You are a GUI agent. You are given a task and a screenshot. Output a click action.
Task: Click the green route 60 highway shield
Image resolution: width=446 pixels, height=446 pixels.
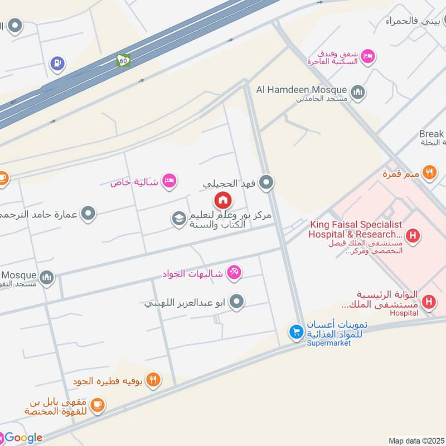pyautogui.click(x=123, y=60)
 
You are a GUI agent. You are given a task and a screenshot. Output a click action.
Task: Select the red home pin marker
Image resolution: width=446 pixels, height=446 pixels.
pyautogui.click(x=223, y=200)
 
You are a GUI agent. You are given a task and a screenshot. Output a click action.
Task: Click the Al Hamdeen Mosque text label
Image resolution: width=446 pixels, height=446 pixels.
pyautogui.click(x=302, y=89)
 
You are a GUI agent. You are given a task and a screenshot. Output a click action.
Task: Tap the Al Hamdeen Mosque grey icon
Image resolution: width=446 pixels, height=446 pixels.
pyautogui.click(x=357, y=92)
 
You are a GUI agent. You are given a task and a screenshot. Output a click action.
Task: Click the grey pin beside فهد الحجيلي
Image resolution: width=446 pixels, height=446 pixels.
pyautogui.click(x=267, y=182)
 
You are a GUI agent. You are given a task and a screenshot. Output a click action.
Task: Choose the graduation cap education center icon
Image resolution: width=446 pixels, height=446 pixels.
pyautogui.click(x=178, y=220)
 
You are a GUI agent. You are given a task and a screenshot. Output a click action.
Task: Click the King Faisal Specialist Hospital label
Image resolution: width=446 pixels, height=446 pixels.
pyautogui.click(x=356, y=229)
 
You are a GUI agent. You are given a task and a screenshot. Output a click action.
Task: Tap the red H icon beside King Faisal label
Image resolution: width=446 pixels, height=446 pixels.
pyautogui.click(x=413, y=236)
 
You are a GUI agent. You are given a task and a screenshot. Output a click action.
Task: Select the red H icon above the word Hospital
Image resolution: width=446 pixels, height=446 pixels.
pyautogui.click(x=429, y=302)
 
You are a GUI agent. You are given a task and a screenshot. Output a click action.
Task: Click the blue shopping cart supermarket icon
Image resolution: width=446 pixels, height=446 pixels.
pyautogui.click(x=296, y=332)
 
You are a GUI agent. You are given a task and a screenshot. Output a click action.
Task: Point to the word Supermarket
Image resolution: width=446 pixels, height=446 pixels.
pyautogui.click(x=329, y=343)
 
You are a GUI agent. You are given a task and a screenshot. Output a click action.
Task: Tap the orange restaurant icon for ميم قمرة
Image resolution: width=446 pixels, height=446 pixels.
pyautogui.click(x=429, y=172)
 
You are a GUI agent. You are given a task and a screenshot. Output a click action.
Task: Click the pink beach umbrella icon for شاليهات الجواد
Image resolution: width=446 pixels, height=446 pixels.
pyautogui.click(x=234, y=273)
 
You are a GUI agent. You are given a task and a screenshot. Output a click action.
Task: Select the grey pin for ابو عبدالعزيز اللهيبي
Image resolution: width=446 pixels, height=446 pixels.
pyautogui.click(x=237, y=303)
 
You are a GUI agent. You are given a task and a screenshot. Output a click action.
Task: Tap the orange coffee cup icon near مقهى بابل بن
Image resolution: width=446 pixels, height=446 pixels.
pyautogui.click(x=97, y=405)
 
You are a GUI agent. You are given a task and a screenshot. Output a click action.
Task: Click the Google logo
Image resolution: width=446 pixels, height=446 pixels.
pyautogui.click(x=22, y=438)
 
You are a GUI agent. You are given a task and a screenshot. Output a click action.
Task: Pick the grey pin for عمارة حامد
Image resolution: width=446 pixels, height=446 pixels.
pyautogui.click(x=88, y=213)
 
